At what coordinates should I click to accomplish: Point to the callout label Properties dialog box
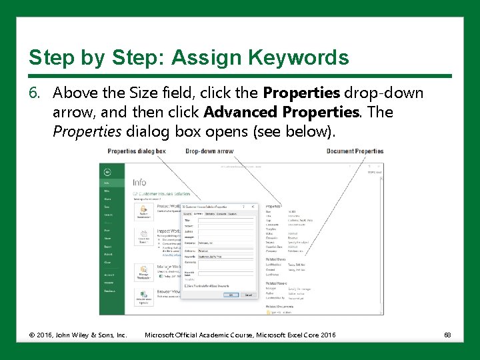coord(136,151)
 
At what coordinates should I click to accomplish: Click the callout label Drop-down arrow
coord(209,151)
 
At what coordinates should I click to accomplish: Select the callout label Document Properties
coord(355,151)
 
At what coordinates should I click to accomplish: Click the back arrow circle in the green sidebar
coord(107,170)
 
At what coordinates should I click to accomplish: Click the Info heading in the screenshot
coord(139,182)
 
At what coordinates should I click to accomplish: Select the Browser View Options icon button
coord(143,296)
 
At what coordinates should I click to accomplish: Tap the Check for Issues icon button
coord(143,239)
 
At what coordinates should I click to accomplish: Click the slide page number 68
coord(447,335)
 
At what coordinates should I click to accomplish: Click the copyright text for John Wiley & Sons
coord(77,335)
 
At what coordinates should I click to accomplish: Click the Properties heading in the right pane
coord(273,207)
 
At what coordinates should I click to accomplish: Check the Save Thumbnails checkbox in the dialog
coord(186,285)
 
